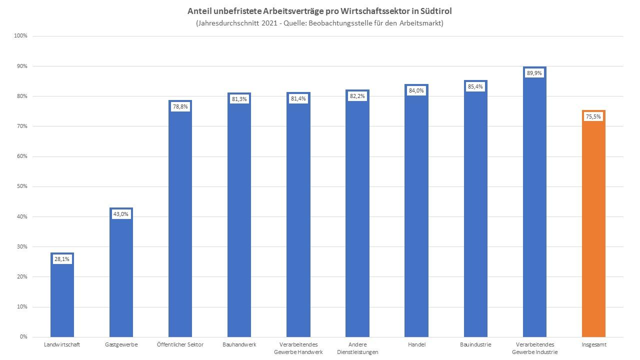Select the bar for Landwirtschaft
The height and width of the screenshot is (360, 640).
click(62, 300)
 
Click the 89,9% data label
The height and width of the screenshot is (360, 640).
click(534, 73)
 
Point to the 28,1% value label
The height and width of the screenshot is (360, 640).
click(62, 259)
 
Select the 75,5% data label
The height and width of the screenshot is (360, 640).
click(593, 116)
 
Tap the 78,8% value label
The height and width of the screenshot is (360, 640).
click(180, 106)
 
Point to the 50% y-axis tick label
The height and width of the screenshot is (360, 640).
click(22, 186)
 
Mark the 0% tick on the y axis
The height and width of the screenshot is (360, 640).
click(23, 337)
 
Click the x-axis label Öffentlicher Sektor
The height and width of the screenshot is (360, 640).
click(180, 344)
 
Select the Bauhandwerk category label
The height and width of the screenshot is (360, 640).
click(239, 344)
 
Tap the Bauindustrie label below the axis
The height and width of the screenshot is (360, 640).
click(475, 344)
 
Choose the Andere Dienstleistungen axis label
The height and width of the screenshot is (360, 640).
click(357, 348)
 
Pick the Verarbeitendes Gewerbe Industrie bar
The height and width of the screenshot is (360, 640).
click(534, 210)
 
